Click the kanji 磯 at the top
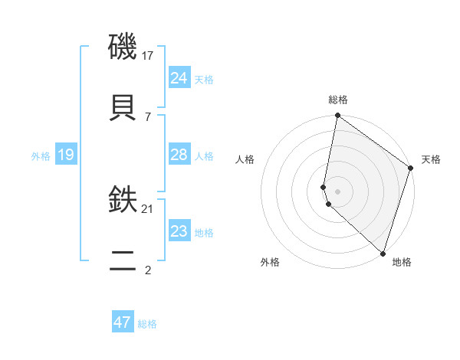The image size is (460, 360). tap(123, 47)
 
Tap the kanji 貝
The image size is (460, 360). tap(123, 107)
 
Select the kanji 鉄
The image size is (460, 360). tap(123, 199)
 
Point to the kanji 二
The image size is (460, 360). tap(123, 260)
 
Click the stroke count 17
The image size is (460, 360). tap(148, 56)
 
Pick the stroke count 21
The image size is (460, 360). tap(148, 208)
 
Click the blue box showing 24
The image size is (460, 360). tap(179, 78)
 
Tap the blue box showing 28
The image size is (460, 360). tap(179, 155)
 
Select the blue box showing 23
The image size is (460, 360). tap(179, 231)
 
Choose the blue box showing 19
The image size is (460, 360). tap(66, 155)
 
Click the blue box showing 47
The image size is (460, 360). tap(123, 322)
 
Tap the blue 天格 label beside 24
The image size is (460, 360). tap(204, 80)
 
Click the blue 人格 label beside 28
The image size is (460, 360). tap(204, 156)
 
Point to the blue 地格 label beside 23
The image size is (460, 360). tap(204, 233)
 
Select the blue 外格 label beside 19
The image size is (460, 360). tap(41, 156)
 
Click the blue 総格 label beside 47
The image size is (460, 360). tap(147, 324)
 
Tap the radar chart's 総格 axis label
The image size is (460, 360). tap(337, 100)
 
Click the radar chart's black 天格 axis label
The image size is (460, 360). tap(431, 159)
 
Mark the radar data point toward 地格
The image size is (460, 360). tap(383, 253)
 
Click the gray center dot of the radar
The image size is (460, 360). tap(337, 191)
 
